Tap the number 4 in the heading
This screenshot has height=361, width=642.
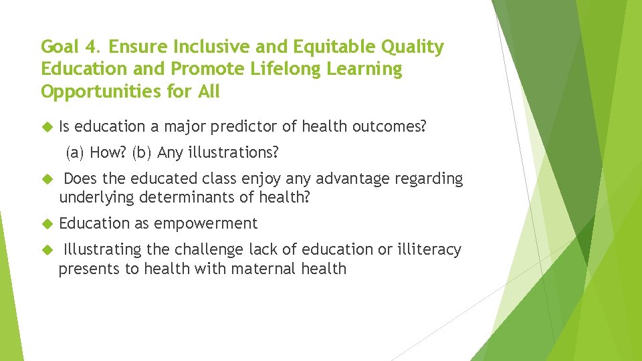click(x=92, y=47)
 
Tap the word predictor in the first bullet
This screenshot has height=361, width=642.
click(x=263, y=126)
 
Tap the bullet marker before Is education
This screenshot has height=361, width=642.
click(x=46, y=126)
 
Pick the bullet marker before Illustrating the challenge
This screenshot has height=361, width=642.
click(x=46, y=250)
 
